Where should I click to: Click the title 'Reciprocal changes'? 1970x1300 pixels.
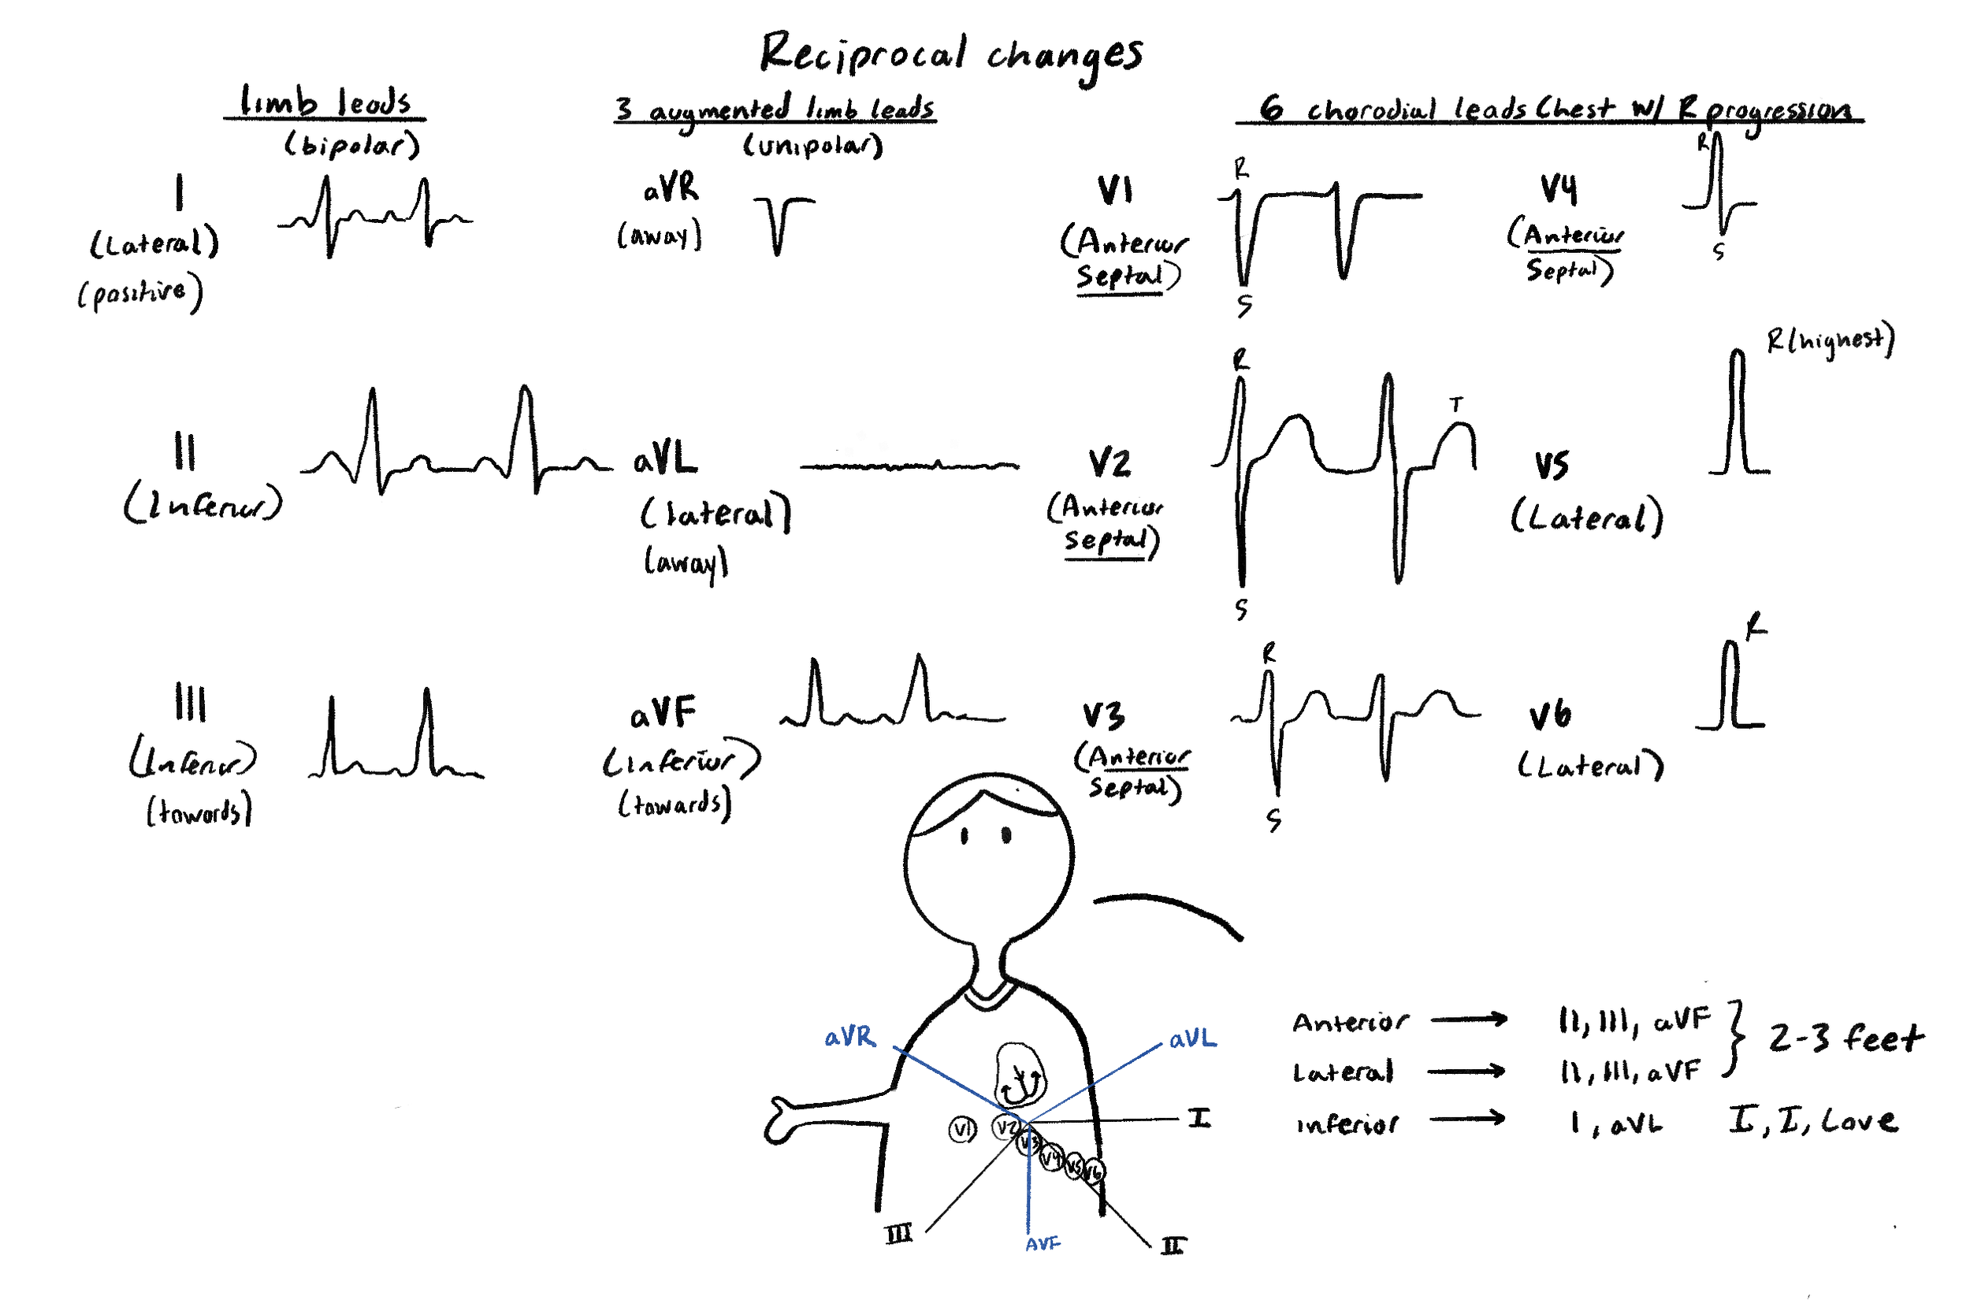tap(951, 54)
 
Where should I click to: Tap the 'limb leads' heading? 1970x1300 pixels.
tap(325, 102)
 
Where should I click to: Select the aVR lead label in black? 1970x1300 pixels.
tap(671, 188)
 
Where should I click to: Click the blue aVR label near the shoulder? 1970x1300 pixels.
tap(849, 1037)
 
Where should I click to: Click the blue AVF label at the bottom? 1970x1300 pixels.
tap(1043, 1243)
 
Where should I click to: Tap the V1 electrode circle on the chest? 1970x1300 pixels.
tap(963, 1129)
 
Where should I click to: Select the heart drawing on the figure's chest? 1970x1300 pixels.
tap(1020, 1076)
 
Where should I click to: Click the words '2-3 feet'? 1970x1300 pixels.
tap(1845, 1038)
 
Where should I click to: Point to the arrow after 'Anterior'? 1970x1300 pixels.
tap(1468, 1020)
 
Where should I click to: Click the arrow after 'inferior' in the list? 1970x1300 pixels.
tap(1466, 1120)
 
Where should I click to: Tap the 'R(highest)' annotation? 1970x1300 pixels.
tap(1830, 340)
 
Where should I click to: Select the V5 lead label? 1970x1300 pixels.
tap(1552, 465)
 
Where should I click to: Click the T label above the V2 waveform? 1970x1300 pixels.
tap(1456, 405)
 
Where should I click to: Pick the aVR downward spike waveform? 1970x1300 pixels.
tap(780, 224)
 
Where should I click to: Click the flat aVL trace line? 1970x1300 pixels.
tap(909, 466)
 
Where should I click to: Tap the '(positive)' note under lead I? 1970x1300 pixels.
tap(139, 294)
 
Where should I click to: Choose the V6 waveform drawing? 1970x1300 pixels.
tap(1730, 688)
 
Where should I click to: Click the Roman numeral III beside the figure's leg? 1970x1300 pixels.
tap(899, 1235)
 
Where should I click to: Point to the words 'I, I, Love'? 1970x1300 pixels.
tap(1812, 1121)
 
